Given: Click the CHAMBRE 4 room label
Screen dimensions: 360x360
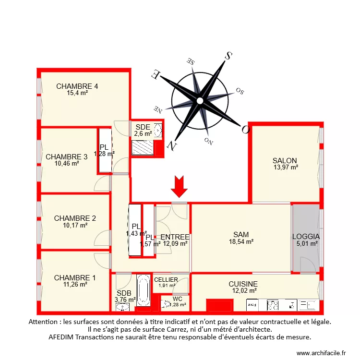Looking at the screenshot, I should point(77,86).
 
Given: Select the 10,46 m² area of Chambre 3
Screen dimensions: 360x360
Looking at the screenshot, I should point(67,163).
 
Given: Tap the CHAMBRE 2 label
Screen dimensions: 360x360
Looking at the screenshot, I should point(75,218).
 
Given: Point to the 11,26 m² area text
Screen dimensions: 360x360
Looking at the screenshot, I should point(75,284).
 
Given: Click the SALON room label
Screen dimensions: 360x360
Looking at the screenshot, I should point(285,161).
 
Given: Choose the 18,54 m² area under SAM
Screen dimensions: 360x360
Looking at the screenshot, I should point(241,241).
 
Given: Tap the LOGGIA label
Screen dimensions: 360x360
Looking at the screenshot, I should point(306,237).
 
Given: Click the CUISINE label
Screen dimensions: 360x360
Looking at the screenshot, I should point(243,284).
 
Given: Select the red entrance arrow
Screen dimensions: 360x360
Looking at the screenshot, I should point(180,186).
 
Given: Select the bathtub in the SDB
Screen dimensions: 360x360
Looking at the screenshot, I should point(143,291).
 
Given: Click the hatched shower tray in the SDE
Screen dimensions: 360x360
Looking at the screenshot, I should point(143,148).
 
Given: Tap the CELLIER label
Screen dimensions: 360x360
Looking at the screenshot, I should point(166,280).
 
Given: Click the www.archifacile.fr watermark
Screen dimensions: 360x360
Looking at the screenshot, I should point(322,353).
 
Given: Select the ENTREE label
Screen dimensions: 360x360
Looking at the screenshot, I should point(175,237).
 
